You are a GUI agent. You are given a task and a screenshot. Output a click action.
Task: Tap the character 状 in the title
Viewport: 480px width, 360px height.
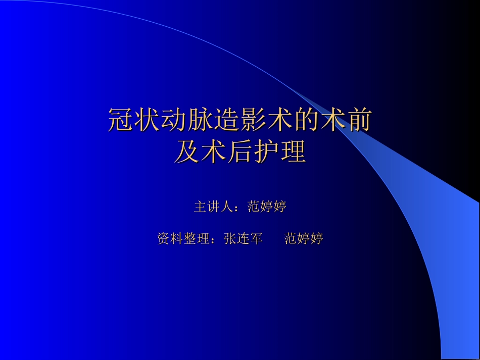coord(148,121)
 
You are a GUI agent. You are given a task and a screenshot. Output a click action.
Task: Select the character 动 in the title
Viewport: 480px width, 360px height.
coord(174,121)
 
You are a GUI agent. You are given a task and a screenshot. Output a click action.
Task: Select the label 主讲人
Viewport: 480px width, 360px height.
coord(213,207)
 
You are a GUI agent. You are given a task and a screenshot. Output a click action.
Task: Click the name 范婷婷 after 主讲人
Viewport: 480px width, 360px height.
coord(267,207)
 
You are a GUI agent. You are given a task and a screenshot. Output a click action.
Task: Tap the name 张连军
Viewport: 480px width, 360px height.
coord(244,239)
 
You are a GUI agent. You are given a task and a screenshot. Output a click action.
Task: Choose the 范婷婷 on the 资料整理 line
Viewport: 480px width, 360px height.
coord(304,239)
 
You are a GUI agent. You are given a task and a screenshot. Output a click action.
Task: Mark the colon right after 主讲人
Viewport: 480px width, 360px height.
coord(239,208)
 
